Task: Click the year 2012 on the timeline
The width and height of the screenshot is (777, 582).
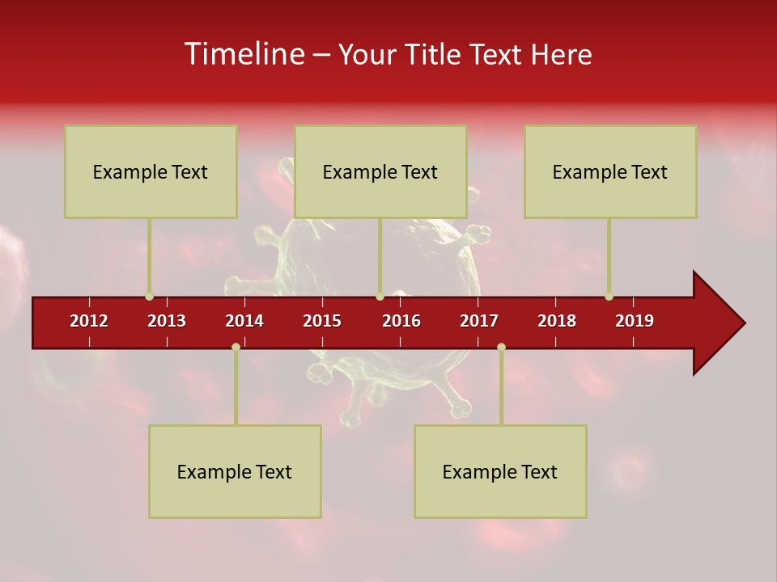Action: tap(89, 321)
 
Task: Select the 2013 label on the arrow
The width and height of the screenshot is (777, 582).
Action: tap(167, 321)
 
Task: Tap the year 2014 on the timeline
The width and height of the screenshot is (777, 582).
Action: tap(244, 321)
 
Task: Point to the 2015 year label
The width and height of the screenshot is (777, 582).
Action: tap(322, 321)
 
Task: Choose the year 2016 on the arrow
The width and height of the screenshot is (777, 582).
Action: tap(401, 321)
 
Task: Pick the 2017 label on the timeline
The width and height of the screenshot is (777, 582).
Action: tap(479, 321)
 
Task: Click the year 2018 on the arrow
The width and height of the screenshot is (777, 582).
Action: tap(557, 321)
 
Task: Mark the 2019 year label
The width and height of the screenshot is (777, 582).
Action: tap(635, 321)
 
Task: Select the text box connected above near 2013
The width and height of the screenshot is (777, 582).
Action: tap(151, 171)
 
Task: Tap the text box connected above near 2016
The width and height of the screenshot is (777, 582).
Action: tap(380, 171)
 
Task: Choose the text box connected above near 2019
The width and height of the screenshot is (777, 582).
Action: tap(610, 171)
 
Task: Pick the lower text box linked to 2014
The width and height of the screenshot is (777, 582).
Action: tap(235, 471)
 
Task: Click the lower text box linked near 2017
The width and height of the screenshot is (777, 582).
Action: tap(500, 471)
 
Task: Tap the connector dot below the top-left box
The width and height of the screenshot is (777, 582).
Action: tap(150, 297)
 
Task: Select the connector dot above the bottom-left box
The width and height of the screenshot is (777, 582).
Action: tap(236, 347)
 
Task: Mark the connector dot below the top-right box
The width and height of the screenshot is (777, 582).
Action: tap(609, 297)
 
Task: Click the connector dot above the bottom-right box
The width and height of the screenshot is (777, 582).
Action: tap(501, 347)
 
